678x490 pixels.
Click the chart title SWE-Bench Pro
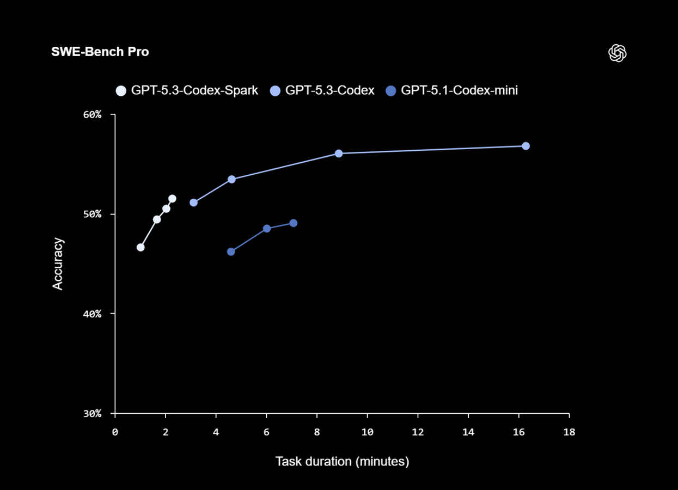(100, 52)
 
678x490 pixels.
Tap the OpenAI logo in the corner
(617, 53)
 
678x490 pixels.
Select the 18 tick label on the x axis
(569, 432)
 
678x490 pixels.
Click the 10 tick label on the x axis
(367, 432)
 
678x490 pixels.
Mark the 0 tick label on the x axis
(115, 432)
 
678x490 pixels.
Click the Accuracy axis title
(58, 264)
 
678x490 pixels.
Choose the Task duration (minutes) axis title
(342, 462)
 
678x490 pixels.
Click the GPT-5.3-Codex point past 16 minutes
(526, 146)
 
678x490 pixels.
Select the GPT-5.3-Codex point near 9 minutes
(339, 154)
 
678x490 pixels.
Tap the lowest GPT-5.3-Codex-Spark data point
(141, 247)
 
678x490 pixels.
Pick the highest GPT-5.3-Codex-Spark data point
(172, 199)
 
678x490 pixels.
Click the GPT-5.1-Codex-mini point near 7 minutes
(294, 223)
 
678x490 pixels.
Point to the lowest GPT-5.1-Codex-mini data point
(231, 252)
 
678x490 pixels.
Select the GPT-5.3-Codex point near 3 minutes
(193, 203)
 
